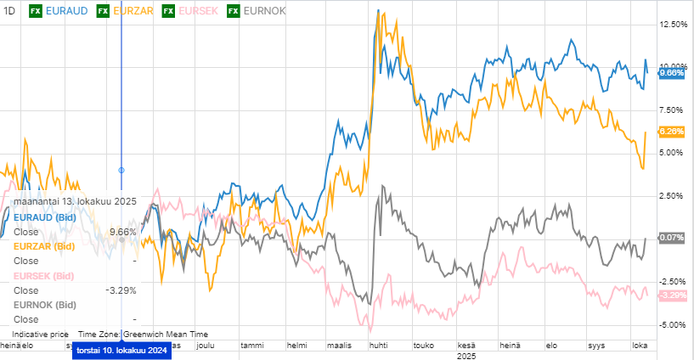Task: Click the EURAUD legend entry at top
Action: pyautogui.click(x=65, y=10)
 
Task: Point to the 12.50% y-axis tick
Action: pyautogui.click(x=673, y=25)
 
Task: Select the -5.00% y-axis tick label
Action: pyautogui.click(x=673, y=325)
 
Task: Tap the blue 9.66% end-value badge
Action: pyautogui.click(x=672, y=73)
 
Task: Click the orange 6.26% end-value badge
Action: pyautogui.click(x=672, y=132)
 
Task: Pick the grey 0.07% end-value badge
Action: pyautogui.click(x=672, y=238)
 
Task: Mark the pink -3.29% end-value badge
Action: pyautogui.click(x=672, y=295)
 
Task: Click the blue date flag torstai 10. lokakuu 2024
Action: pyautogui.click(x=121, y=352)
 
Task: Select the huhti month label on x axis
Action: pyautogui.click(x=378, y=346)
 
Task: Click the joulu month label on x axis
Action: pyautogui.click(x=206, y=346)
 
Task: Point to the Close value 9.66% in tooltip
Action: pyautogui.click(x=123, y=232)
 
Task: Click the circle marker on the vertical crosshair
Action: pyautogui.click(x=121, y=170)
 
